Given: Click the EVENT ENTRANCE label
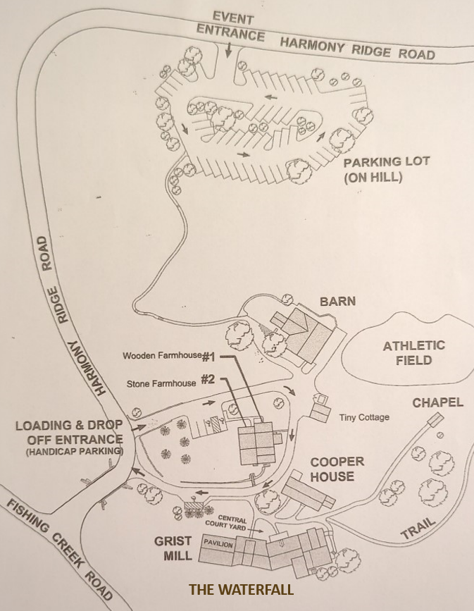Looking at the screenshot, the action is click(231, 27).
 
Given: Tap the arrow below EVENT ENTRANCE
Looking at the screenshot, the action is click(229, 50).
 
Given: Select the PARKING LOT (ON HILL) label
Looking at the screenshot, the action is click(387, 169).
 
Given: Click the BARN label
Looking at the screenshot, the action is click(337, 301).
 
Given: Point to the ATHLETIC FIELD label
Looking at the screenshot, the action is click(414, 352).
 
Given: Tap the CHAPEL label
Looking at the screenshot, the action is click(438, 402).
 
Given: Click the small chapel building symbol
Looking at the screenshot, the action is click(435, 420).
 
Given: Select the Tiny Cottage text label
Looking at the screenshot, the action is click(364, 418).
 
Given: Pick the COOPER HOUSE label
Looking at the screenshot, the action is click(337, 469).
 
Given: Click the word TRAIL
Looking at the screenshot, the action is click(418, 528).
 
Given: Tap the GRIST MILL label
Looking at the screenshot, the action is click(173, 548).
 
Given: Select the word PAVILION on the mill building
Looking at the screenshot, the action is click(218, 543).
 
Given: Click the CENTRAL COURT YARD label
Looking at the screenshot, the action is click(226, 522).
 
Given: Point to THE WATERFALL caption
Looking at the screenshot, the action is click(241, 589).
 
